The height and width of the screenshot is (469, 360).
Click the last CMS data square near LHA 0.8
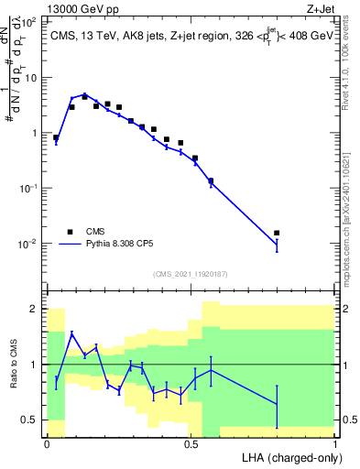(277, 233)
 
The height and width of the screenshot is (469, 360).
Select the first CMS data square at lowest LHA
(56, 137)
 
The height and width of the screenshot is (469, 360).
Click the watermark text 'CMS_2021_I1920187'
(191, 273)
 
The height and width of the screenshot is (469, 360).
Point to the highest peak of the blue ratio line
(72, 333)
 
